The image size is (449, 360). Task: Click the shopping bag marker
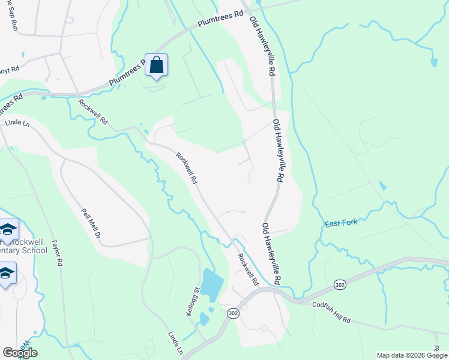tap(156, 65)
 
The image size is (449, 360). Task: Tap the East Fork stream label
tap(341, 223)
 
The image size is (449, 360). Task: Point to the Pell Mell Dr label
tap(90, 223)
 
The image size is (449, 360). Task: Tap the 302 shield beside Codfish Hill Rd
tap(340, 284)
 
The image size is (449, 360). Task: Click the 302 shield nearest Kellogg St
tap(234, 313)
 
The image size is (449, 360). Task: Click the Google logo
tap(20, 353)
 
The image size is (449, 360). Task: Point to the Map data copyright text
tap(411, 355)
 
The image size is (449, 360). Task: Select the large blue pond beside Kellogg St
tap(211, 286)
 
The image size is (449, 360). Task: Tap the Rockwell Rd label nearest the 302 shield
tap(247, 269)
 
